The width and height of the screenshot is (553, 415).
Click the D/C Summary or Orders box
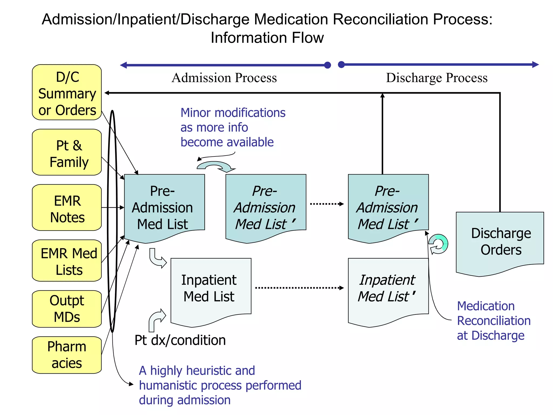point(67,92)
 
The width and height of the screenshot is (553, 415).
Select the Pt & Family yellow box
point(67,152)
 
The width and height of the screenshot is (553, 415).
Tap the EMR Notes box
point(67,207)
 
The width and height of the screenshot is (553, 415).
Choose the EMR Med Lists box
point(67,261)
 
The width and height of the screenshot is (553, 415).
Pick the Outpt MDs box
point(67,309)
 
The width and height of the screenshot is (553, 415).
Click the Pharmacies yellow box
point(67,355)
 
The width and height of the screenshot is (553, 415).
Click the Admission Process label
point(224,78)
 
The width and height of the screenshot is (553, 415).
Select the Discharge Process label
point(437,78)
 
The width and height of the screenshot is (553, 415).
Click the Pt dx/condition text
point(180,340)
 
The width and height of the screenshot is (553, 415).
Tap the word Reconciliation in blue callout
point(494,321)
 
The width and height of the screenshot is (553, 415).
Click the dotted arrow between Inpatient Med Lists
point(299,288)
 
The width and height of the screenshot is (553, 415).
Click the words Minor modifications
point(233,113)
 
